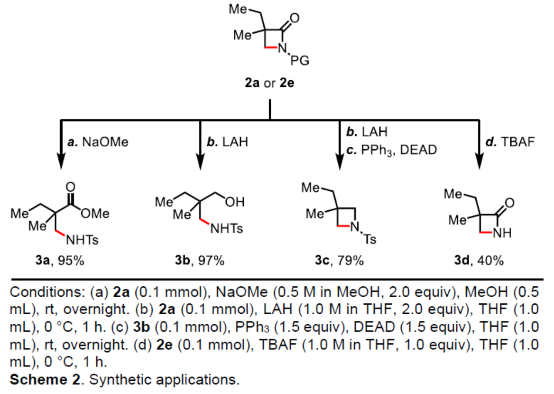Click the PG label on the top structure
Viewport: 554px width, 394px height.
click(302, 60)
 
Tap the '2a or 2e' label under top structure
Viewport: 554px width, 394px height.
click(270, 85)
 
